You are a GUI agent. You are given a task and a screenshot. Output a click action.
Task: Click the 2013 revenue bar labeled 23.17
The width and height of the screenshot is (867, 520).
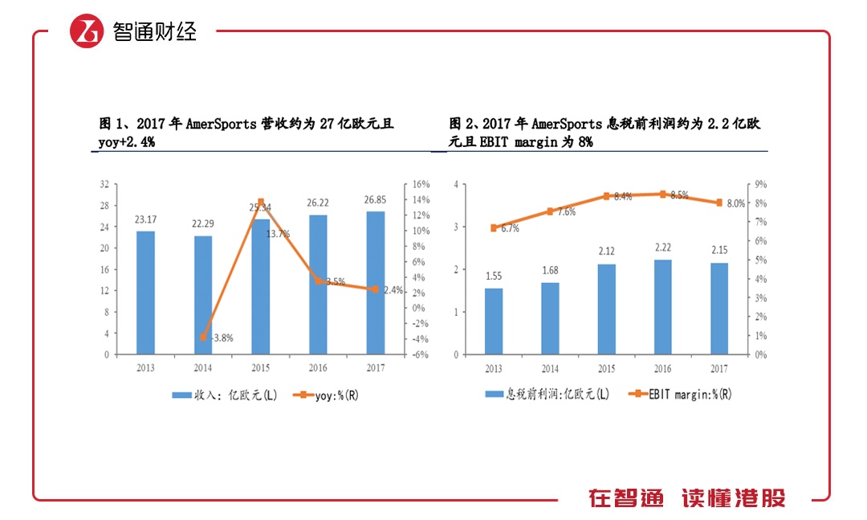point(145,293)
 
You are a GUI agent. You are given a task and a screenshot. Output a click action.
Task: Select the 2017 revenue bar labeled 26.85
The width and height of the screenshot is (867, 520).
point(376,282)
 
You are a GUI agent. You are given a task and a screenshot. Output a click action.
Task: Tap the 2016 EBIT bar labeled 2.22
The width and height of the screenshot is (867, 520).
point(662,306)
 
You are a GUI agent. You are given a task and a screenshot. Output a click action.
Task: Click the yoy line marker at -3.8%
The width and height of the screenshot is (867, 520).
point(203,338)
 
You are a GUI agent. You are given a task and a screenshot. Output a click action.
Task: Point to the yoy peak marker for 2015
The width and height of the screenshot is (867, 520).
point(261,202)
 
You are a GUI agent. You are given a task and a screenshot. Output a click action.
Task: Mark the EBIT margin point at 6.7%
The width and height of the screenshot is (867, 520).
point(494,227)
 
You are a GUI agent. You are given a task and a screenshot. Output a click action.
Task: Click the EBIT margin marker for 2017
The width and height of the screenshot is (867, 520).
point(719,203)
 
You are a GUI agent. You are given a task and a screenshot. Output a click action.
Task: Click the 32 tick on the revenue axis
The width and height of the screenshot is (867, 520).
point(104,184)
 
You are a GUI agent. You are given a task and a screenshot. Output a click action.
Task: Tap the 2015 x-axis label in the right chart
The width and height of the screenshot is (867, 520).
point(606,368)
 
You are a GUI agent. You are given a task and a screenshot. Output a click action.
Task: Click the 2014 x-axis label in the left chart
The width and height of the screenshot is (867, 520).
point(203,368)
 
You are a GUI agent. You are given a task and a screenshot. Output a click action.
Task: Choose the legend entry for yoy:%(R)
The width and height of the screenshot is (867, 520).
point(326,395)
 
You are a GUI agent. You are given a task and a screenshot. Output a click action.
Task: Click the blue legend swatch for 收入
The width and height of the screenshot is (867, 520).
point(181,395)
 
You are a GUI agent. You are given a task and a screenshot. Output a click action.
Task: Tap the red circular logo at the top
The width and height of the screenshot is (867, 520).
point(88,31)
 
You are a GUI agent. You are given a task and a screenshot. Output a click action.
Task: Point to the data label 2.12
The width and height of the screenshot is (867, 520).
point(606,251)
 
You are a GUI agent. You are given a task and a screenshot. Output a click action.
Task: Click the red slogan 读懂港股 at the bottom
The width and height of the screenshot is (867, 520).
point(734,498)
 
